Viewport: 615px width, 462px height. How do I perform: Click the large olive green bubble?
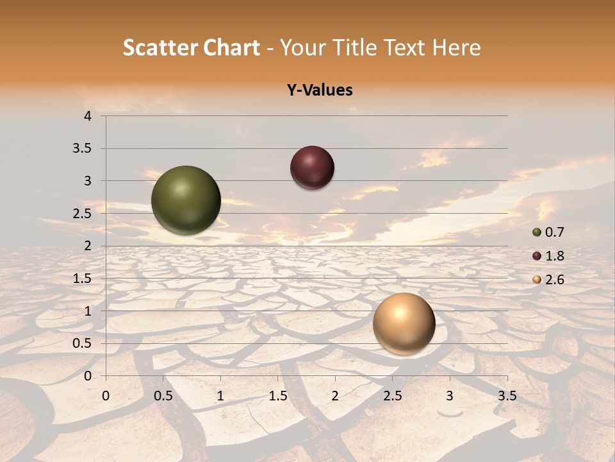coord(186,200)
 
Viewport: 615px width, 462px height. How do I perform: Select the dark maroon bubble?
coord(312,168)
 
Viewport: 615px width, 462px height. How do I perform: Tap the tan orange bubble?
coord(404,323)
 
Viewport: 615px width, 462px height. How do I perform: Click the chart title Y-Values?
coord(319,90)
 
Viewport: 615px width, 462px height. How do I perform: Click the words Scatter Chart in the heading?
coord(191,47)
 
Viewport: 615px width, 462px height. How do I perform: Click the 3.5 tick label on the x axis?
coord(507,396)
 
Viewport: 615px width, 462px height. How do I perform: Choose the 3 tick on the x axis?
coord(450,396)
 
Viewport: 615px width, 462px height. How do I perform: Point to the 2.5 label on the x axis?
coord(392,396)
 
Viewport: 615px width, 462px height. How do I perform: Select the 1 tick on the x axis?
coord(220,396)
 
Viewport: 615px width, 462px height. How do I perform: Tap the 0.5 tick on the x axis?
coord(163,396)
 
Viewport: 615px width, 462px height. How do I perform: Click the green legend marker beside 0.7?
coord(537,232)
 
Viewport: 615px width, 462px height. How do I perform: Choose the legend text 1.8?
coord(555,256)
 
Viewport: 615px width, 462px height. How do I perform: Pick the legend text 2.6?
coord(555,280)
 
